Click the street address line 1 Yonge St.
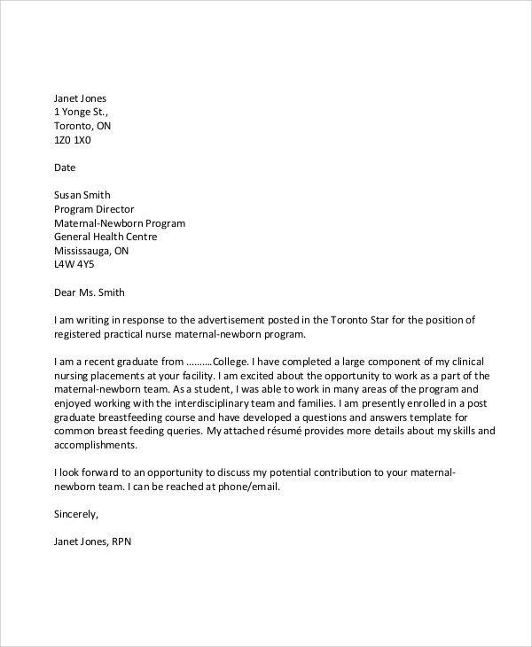pos(81,112)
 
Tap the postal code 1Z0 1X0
pos(73,140)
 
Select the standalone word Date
pos(65,168)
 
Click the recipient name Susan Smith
pos(82,196)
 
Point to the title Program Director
pos(96,210)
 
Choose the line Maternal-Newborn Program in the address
pos(120,223)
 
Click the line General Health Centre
pos(106,238)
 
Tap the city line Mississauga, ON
pos(91,251)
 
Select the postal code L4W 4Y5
pos(74,265)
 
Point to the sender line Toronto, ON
pos(82,126)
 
